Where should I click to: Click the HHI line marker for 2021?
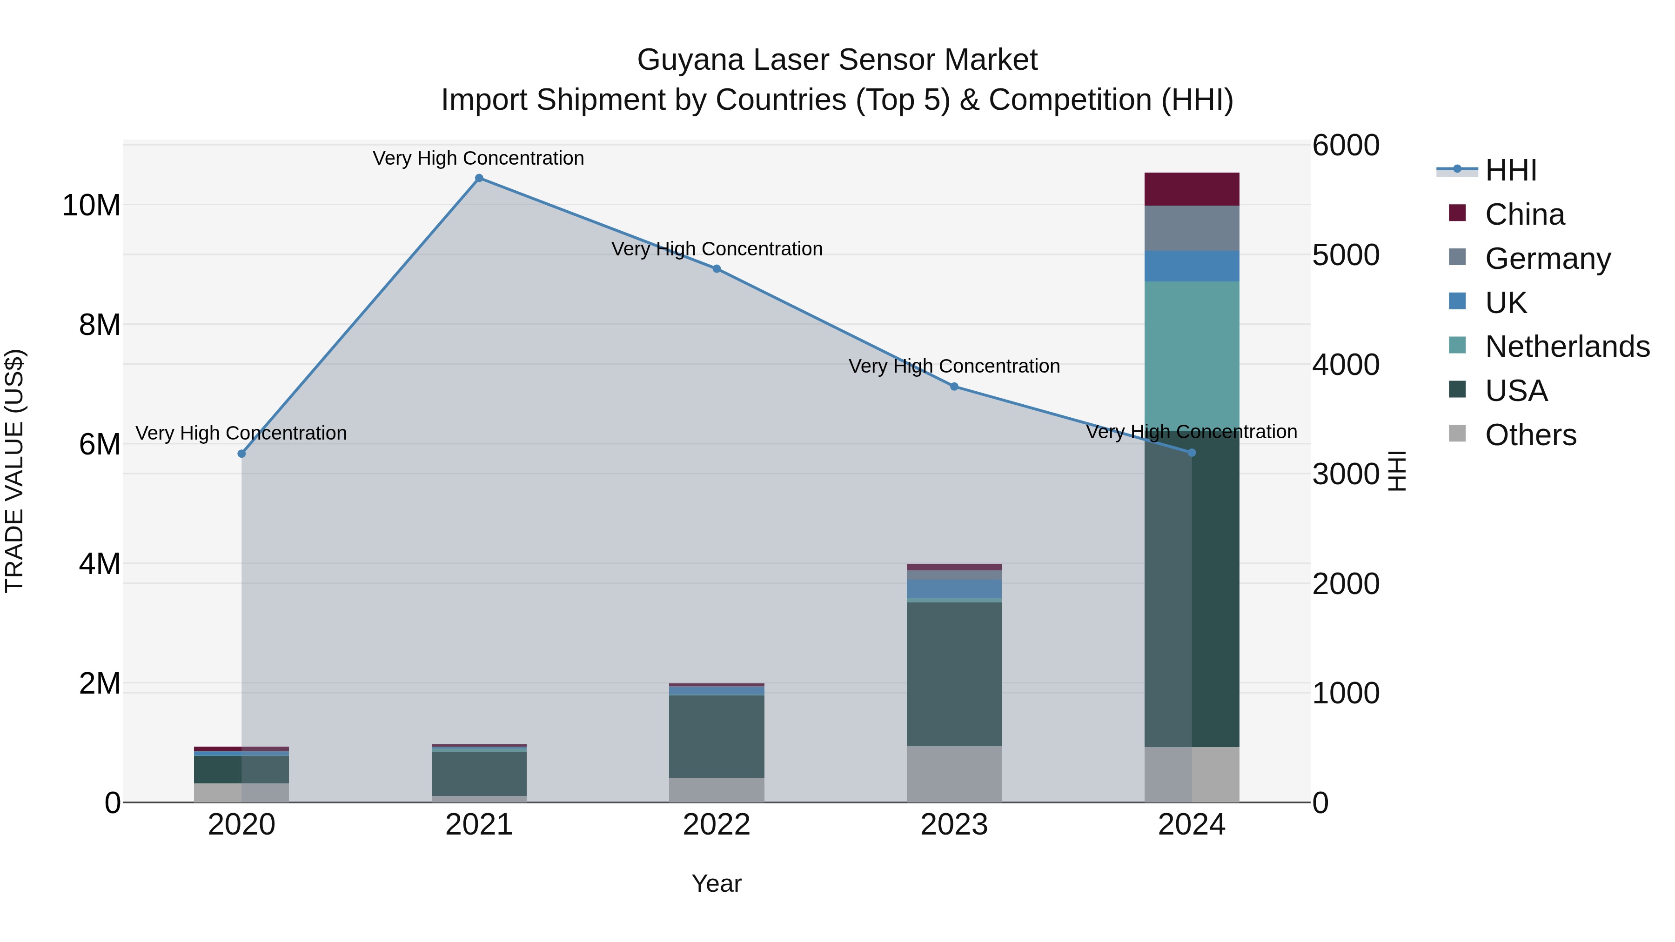479,178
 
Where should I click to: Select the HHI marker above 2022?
717,268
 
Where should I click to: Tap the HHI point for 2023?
954,386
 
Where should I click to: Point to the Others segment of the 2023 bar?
954,774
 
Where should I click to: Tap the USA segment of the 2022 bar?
717,736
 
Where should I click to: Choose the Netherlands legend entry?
1567,347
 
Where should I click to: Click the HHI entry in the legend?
1510,170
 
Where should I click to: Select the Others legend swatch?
1457,434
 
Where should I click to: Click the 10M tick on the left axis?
91,206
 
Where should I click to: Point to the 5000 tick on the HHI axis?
1345,255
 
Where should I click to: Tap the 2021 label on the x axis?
479,825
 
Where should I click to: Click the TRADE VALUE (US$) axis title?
14,471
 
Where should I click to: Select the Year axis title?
717,883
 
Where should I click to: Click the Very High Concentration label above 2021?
479,158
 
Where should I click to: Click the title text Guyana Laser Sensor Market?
837,60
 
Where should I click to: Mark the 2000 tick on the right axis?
1345,584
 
